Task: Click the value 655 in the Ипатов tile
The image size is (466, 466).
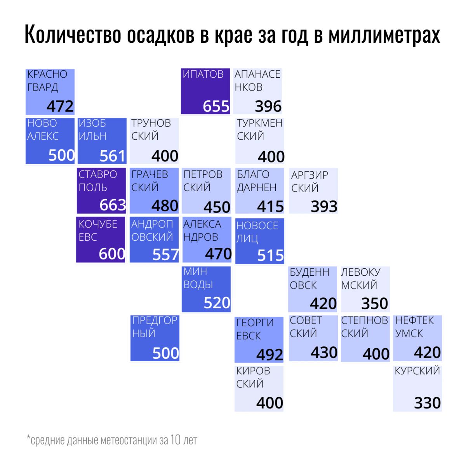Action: point(216,106)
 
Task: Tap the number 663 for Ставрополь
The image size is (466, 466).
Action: point(113,205)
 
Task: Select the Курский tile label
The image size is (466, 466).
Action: point(417,371)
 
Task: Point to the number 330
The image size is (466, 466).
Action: point(427,403)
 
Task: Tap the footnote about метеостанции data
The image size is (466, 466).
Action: point(112,440)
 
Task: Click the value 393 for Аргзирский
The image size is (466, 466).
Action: point(324,207)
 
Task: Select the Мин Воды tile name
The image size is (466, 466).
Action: point(198,278)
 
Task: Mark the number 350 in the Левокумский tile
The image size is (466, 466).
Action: point(374,304)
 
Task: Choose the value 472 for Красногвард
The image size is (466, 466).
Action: point(60,106)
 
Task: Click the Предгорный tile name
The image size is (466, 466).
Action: point(154,327)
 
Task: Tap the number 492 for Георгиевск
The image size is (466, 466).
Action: point(270,355)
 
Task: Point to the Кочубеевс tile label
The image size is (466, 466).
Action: point(97,230)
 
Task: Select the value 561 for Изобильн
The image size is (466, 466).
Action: point(113,156)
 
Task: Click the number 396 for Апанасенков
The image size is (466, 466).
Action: point(268,106)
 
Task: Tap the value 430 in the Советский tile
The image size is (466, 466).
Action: point(324,353)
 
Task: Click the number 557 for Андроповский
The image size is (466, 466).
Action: point(165,255)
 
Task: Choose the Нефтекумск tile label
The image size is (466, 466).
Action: point(414,327)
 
